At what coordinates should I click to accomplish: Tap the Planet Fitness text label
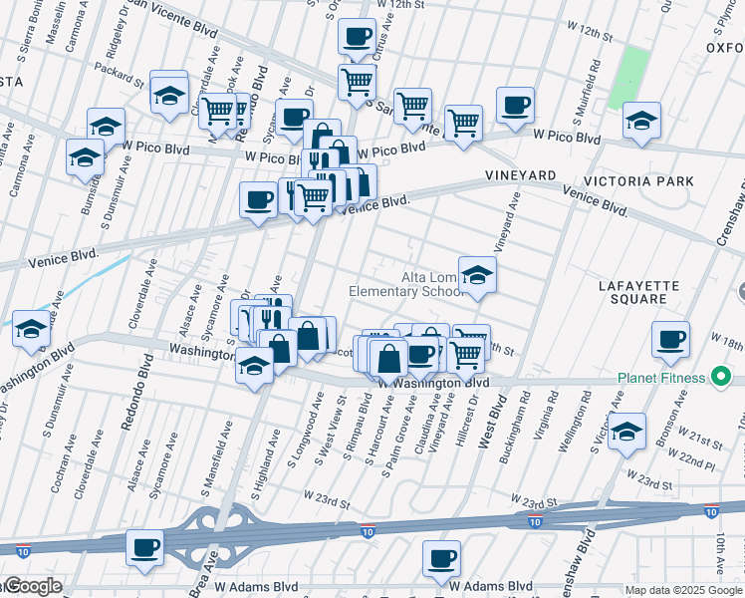click(x=660, y=378)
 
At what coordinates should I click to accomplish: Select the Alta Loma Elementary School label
click(x=406, y=284)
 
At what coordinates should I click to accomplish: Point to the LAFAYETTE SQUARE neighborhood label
click(x=638, y=292)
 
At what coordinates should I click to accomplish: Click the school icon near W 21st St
click(x=626, y=433)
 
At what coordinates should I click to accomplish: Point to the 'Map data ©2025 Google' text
click(x=683, y=590)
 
